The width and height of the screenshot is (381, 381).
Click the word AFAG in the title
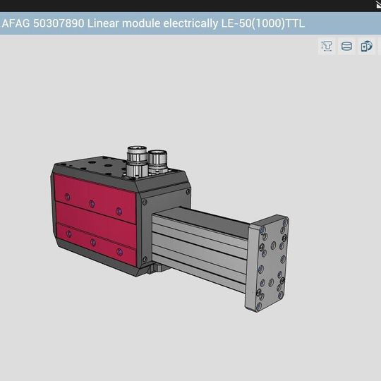pos(16,23)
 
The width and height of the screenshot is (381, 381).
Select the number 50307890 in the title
pos(59,23)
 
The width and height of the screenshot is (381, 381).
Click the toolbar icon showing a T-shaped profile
pos(327,46)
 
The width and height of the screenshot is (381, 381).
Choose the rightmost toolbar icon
pos(366,46)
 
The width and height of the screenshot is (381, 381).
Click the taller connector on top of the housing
pos(137,162)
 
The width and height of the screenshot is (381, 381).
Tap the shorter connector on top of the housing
pos(157,162)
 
